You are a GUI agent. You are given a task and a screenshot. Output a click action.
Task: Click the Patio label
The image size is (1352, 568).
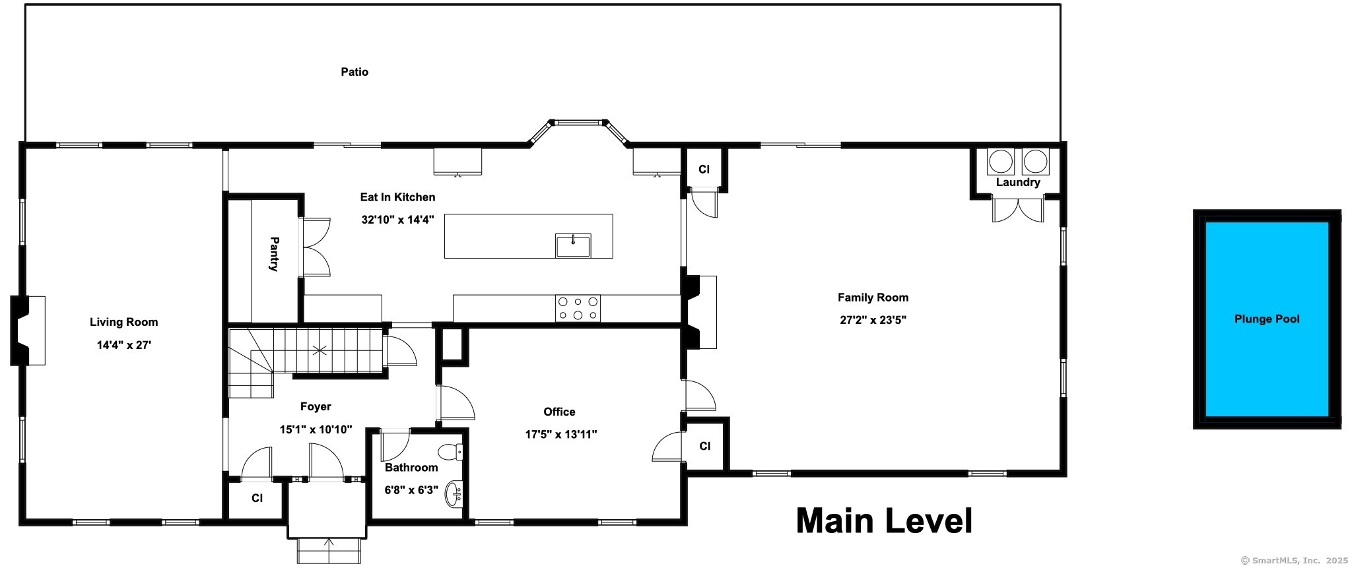pos(355,72)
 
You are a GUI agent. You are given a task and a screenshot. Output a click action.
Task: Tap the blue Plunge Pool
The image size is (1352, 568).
pos(1267,319)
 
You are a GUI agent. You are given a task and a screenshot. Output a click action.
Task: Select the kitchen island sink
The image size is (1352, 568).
pos(573,245)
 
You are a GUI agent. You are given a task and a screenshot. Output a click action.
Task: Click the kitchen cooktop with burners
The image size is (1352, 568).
pos(578,308)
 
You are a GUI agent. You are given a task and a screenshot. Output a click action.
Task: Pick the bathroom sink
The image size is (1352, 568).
pos(455,494)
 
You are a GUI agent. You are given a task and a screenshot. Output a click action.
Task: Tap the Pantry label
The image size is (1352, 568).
pos(274,254)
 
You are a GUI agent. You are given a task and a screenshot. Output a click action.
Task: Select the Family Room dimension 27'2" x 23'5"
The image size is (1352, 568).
pos(873,320)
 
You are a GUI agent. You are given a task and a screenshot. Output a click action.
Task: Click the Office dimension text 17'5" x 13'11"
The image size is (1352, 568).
pos(560,434)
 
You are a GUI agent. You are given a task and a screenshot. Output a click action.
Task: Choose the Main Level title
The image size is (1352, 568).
pos(884,521)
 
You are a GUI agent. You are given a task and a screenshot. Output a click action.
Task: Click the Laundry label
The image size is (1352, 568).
pos(1018,183)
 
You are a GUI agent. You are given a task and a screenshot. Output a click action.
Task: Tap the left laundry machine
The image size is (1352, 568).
pos(1001,162)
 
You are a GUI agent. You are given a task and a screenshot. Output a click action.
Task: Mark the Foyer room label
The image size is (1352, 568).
pos(316,407)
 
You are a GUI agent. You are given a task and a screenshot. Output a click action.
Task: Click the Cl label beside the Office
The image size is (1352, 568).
pos(704,447)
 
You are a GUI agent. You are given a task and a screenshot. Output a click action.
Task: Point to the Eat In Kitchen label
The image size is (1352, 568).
pos(397,197)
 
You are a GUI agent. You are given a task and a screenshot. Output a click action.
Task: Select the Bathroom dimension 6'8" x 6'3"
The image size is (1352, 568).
pos(411,490)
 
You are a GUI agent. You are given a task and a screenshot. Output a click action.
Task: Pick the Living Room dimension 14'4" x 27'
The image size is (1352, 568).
pos(124,344)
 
